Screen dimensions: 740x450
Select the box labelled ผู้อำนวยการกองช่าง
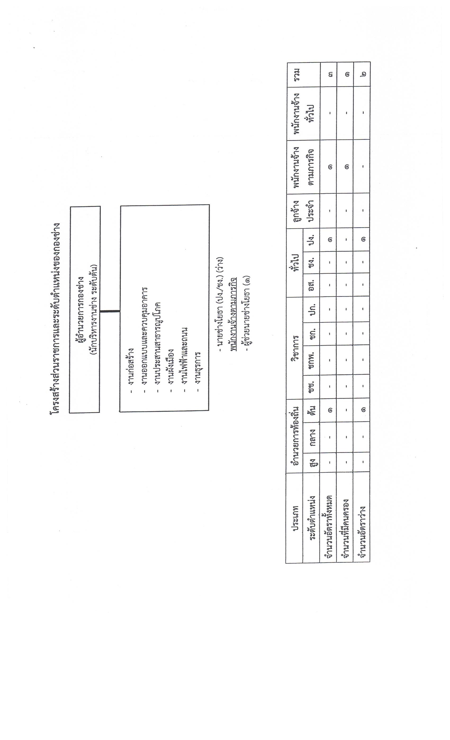click(x=85, y=309)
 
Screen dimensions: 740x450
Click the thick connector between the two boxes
click(x=110, y=311)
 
